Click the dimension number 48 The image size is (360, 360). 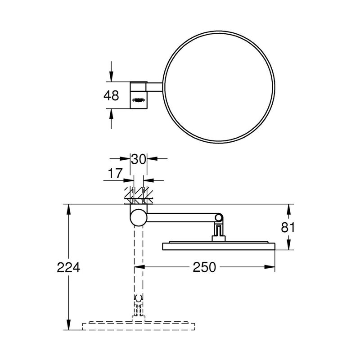click(x=111, y=95)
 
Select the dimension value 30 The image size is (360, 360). click(x=139, y=159)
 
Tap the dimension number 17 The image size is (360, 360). click(x=116, y=173)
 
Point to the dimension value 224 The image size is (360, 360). click(x=68, y=267)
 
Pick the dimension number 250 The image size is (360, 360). click(x=204, y=267)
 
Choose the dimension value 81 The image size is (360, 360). click(x=288, y=228)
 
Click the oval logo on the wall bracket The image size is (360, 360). click(x=139, y=100)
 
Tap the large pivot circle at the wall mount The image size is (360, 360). click(x=139, y=217)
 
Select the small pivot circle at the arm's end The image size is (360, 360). click(x=219, y=217)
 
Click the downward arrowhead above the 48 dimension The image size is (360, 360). click(x=111, y=76)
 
